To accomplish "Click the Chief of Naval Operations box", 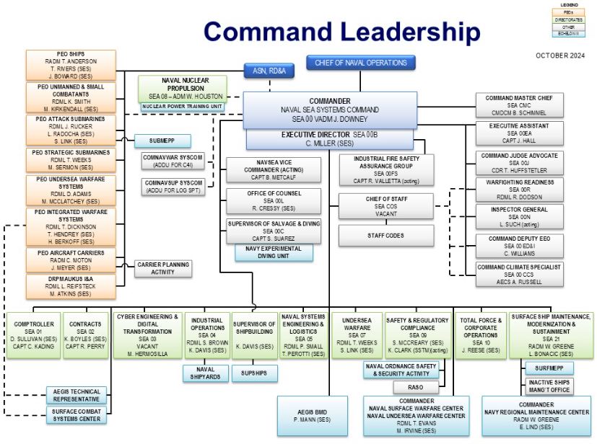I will tap(360, 63).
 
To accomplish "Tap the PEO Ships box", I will tap(67, 65).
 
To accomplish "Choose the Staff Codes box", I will tap(386, 234).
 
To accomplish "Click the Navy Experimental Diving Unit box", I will tap(274, 252).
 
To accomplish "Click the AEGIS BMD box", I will tap(312, 415).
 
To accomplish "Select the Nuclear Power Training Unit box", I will tap(183, 107).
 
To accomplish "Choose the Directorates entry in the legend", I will tap(569, 19).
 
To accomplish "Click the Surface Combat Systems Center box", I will tap(73, 415).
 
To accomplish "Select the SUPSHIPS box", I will tap(254, 373).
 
